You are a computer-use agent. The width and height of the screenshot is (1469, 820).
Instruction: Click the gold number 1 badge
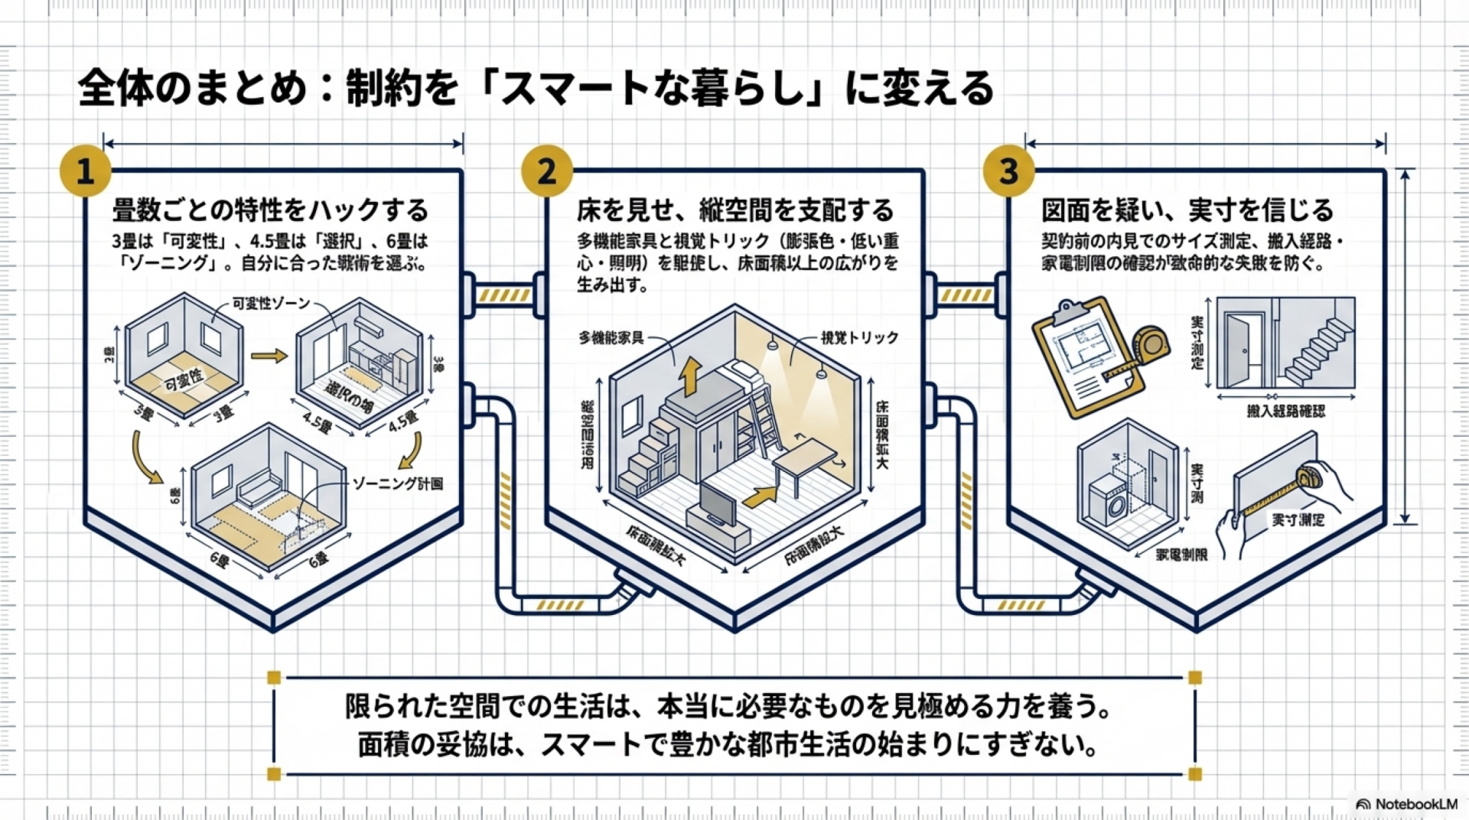pyautogui.click(x=85, y=171)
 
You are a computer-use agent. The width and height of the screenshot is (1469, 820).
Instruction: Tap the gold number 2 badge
pyautogui.click(x=546, y=171)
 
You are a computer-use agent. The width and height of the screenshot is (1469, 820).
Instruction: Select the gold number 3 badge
pyautogui.click(x=1008, y=171)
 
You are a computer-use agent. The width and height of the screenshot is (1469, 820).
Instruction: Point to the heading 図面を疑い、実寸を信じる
pyautogui.click(x=1187, y=210)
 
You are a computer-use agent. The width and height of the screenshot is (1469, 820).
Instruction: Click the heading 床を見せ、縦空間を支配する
pyautogui.click(x=734, y=210)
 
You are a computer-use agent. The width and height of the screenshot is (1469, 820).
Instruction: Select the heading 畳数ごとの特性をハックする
pyautogui.click(x=270, y=210)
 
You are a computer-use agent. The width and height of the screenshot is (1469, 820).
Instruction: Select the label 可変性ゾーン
pyautogui.click(x=271, y=304)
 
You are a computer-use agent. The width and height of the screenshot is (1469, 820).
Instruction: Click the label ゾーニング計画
pyautogui.click(x=397, y=483)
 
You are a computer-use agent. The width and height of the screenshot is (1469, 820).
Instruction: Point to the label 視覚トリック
pyautogui.click(x=859, y=337)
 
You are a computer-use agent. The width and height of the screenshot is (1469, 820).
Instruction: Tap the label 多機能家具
pyautogui.click(x=611, y=337)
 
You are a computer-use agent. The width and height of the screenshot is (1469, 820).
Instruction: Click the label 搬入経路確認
pyautogui.click(x=1285, y=412)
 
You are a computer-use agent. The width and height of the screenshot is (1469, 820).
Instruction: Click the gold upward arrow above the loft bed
pyautogui.click(x=691, y=375)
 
